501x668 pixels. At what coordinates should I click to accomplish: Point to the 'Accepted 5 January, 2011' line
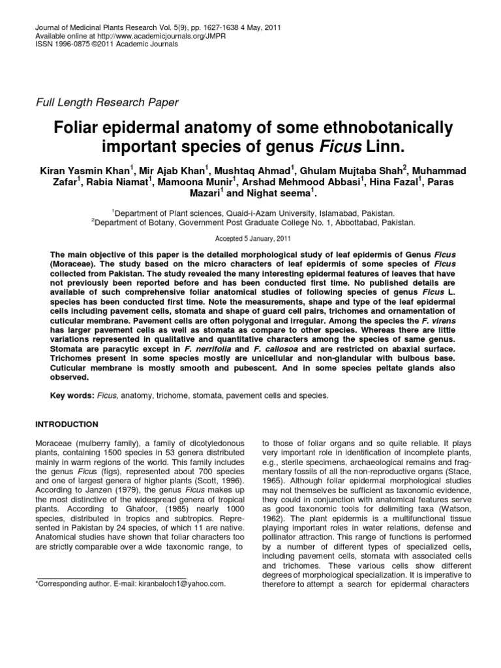click(250, 239)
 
